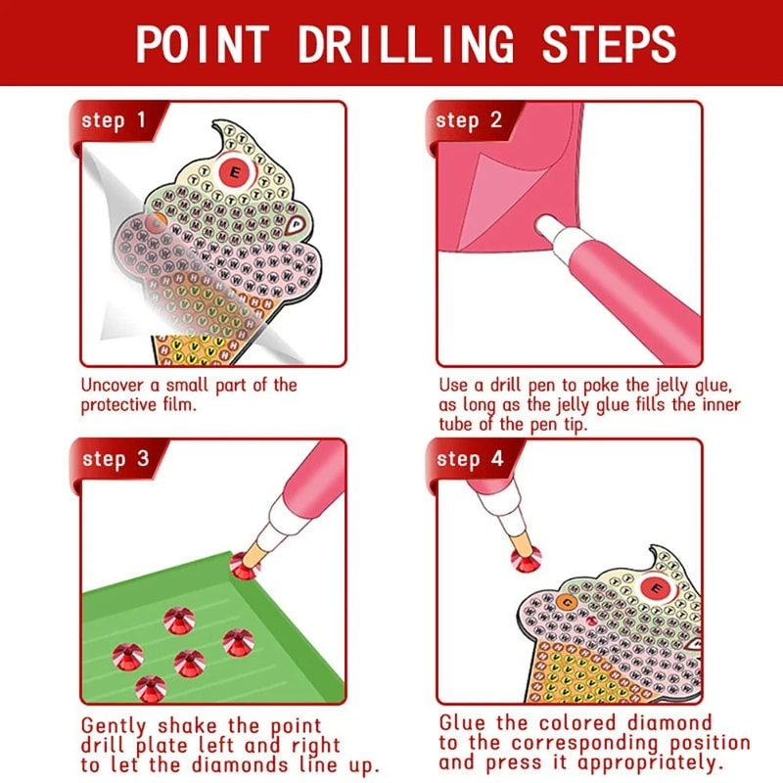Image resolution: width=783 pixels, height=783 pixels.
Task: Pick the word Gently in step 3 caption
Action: click(x=115, y=726)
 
